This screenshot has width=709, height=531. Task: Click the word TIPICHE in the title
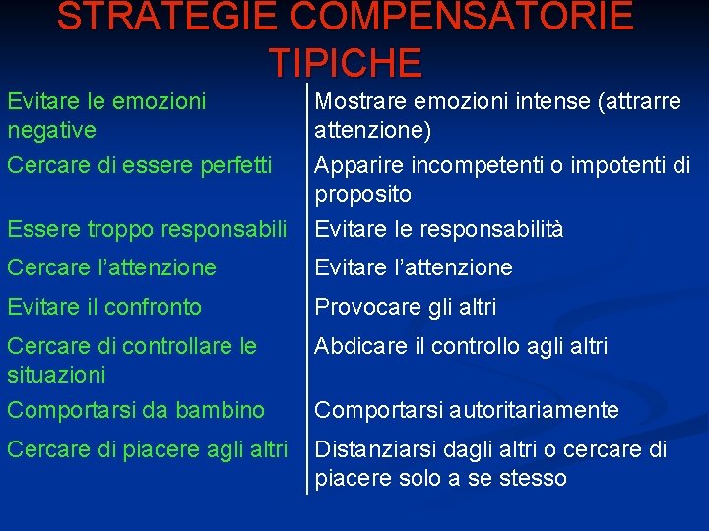coord(346,62)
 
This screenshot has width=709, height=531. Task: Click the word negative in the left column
coord(51,130)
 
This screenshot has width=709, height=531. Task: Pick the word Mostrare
coord(359,102)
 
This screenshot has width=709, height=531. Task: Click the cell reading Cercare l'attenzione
coord(111,267)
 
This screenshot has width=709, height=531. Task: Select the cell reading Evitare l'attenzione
coord(414,267)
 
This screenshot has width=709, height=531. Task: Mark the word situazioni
coord(56,375)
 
